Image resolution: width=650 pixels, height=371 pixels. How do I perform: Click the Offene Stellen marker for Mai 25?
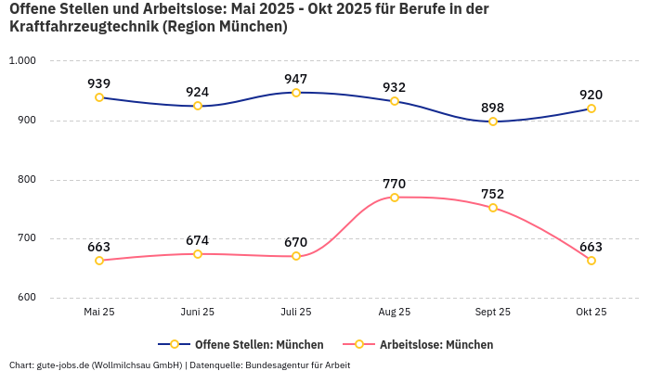(x=99, y=97)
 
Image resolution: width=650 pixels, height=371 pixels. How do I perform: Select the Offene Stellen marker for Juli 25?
(x=296, y=93)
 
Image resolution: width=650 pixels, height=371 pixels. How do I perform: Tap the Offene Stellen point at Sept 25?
(x=493, y=122)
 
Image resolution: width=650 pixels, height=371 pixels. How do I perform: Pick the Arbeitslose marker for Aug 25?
(x=395, y=198)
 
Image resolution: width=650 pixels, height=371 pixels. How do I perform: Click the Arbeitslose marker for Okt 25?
(x=591, y=261)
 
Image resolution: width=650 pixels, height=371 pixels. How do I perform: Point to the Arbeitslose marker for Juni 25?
(x=198, y=254)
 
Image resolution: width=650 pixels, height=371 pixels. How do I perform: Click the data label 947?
(x=296, y=79)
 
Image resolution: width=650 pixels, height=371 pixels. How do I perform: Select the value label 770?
(x=395, y=184)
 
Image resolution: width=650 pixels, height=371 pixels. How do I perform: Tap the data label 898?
(x=493, y=108)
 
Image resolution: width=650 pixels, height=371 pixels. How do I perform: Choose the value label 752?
(x=493, y=194)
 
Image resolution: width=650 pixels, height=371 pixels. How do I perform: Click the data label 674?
(x=198, y=240)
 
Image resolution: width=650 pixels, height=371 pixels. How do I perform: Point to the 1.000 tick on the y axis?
(x=21, y=61)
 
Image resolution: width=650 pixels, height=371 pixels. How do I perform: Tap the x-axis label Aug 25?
(x=395, y=313)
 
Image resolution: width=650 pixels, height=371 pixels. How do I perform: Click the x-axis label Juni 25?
(x=198, y=313)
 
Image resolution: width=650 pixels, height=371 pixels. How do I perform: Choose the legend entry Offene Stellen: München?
(x=258, y=345)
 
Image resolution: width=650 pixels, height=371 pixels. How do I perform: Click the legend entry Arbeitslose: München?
(x=435, y=345)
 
